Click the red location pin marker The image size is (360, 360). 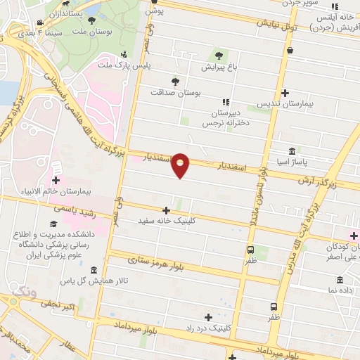coord(181,165)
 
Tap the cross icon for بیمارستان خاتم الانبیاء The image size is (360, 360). coord(55,164)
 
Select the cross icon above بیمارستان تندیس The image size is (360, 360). coord(285,93)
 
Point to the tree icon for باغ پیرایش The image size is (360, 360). coord(219,56)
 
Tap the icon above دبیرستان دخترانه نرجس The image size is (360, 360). coord(226,102)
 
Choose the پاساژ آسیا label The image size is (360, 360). coord(312,161)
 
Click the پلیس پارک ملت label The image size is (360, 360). coord(143,65)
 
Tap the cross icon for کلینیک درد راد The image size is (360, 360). coord(208,317)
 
